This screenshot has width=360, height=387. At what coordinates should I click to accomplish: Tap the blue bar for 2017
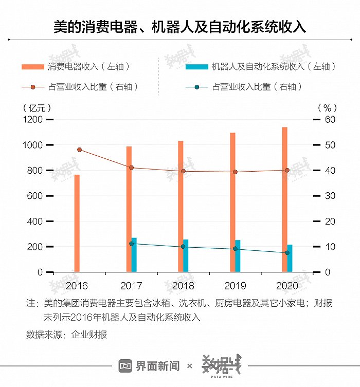tap(134, 255)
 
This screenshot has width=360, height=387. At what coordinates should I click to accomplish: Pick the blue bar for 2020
tap(290, 259)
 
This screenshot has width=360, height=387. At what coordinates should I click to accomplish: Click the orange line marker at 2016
tap(79, 150)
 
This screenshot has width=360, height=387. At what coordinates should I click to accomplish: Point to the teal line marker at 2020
tap(287, 253)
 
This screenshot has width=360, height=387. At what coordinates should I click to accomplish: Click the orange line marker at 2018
tap(183, 171)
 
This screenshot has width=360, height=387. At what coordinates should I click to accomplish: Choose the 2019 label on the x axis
tap(235, 285)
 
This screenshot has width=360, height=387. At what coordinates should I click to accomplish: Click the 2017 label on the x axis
tap(131, 285)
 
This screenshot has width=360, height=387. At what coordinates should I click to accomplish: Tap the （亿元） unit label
tap(38, 107)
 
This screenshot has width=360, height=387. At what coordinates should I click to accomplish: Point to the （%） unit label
tap(327, 107)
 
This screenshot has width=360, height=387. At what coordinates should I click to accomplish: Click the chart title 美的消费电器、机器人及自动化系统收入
tap(179, 27)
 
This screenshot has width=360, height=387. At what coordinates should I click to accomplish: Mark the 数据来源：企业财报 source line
tap(67, 335)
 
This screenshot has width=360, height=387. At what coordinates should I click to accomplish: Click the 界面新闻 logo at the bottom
tap(149, 366)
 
